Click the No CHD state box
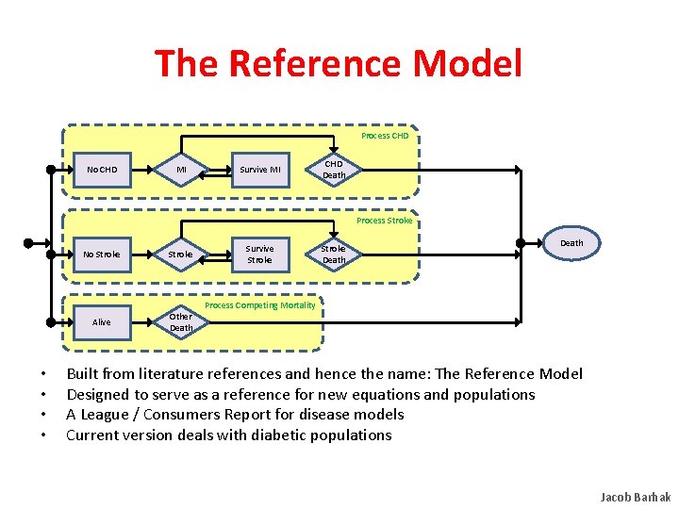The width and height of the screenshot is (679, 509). tap(102, 170)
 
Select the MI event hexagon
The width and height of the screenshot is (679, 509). tap(181, 170)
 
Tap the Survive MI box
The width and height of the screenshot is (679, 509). tap(259, 170)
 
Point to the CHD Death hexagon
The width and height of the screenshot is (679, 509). tap(334, 170)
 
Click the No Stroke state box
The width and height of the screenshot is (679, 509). tap(102, 254)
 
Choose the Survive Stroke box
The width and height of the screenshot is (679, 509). tap(259, 254)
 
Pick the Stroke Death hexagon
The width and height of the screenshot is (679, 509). tap(334, 254)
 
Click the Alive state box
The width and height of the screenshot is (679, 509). tap(102, 322)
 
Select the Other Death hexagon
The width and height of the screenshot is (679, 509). tap(181, 322)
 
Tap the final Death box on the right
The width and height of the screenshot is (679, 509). tap(571, 243)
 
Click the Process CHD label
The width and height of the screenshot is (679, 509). tap(385, 136)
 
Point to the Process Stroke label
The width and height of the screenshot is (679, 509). tap(384, 221)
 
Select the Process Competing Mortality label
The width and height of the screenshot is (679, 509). tap(260, 305)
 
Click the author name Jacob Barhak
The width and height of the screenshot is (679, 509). tap(635, 497)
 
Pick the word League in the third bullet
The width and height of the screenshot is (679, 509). tap(108, 415)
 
